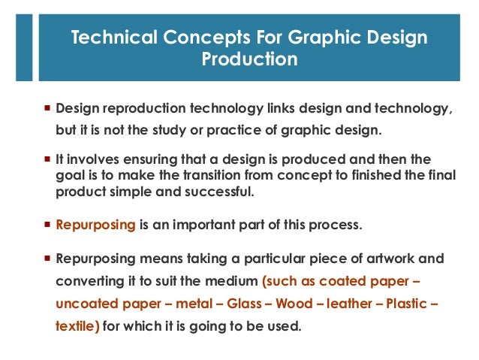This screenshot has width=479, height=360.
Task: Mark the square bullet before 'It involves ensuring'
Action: (x=47, y=160)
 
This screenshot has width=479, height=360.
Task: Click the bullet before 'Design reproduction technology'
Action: (x=47, y=110)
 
